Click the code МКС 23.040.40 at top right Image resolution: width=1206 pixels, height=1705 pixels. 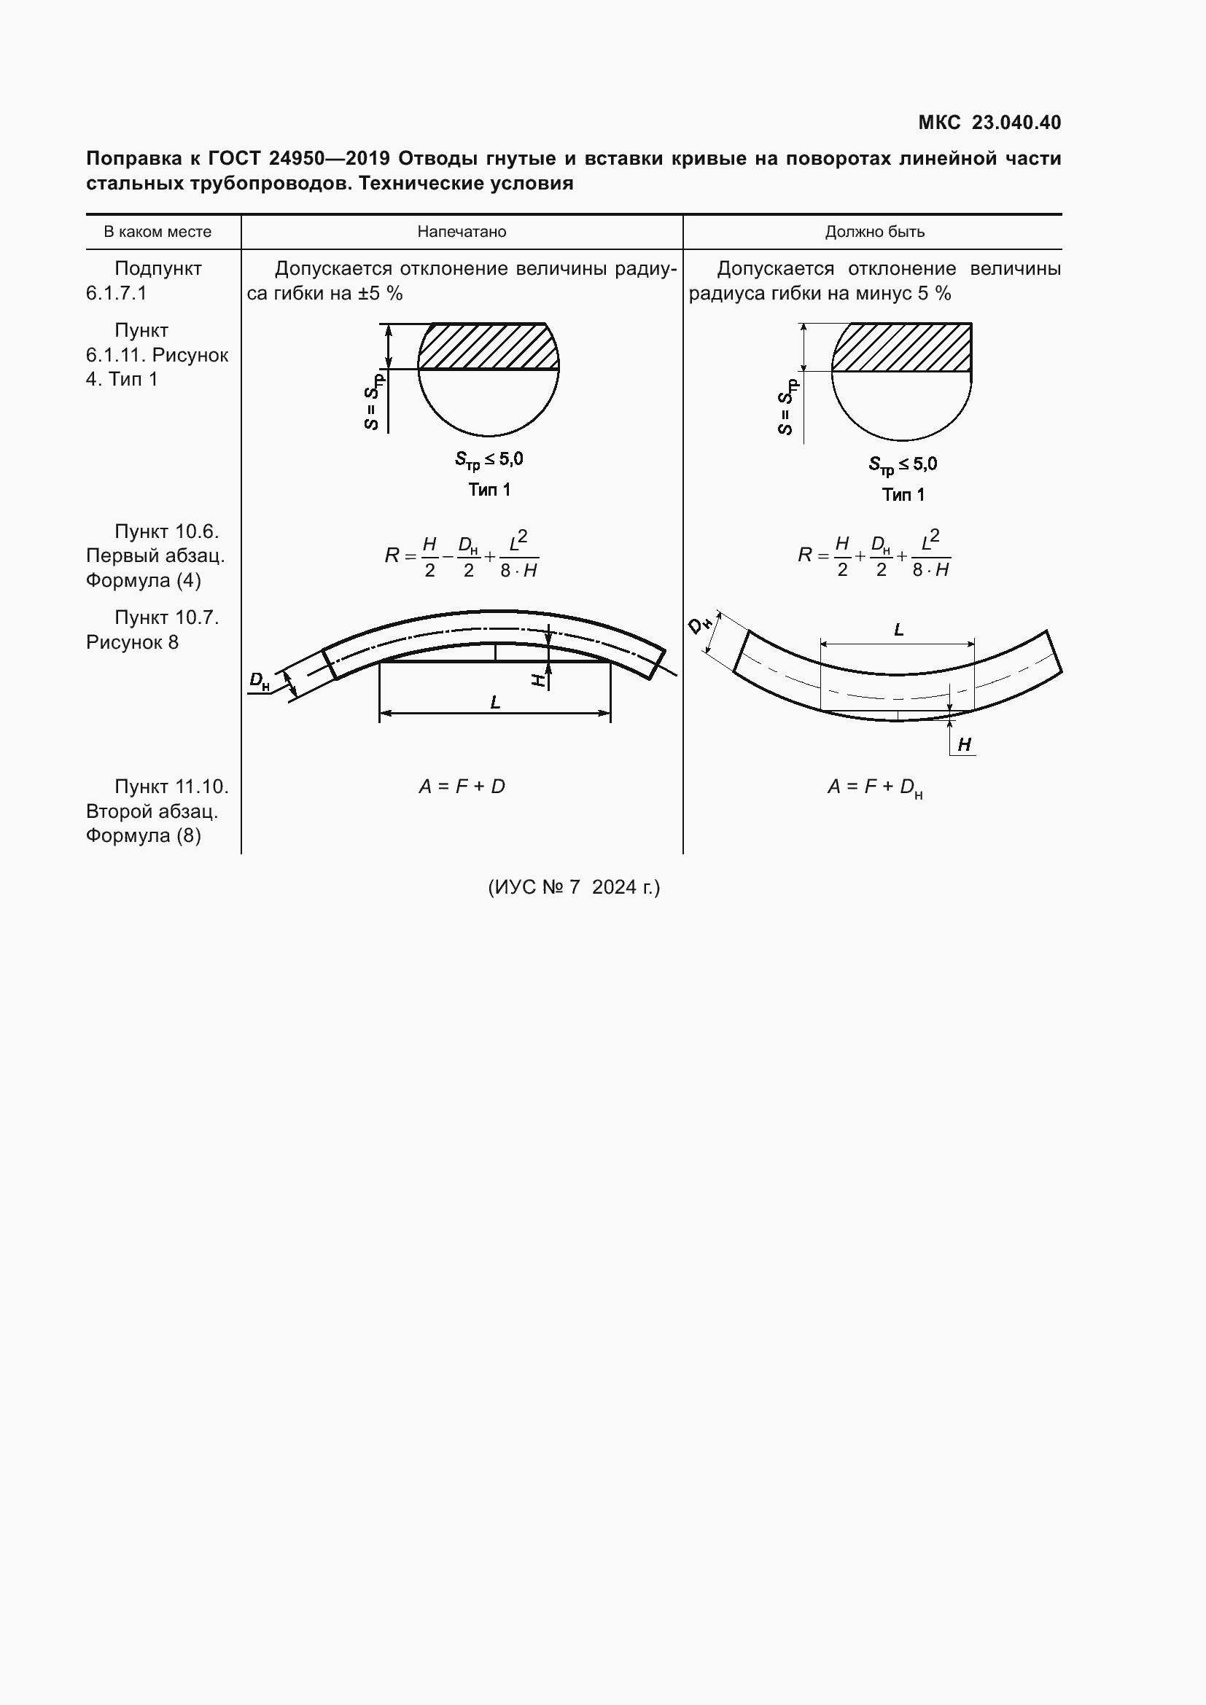coord(989,122)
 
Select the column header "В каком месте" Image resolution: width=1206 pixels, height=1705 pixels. coord(157,232)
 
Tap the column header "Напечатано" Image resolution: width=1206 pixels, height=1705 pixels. coord(462,232)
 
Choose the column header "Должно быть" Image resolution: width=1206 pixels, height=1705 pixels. coord(875,232)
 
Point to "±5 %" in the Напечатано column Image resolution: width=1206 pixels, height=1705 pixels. coord(380,293)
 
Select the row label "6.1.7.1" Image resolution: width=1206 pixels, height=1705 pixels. coord(116,293)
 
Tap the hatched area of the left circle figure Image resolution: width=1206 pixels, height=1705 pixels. coord(488,346)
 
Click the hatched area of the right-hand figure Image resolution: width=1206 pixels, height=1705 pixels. coord(901,347)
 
